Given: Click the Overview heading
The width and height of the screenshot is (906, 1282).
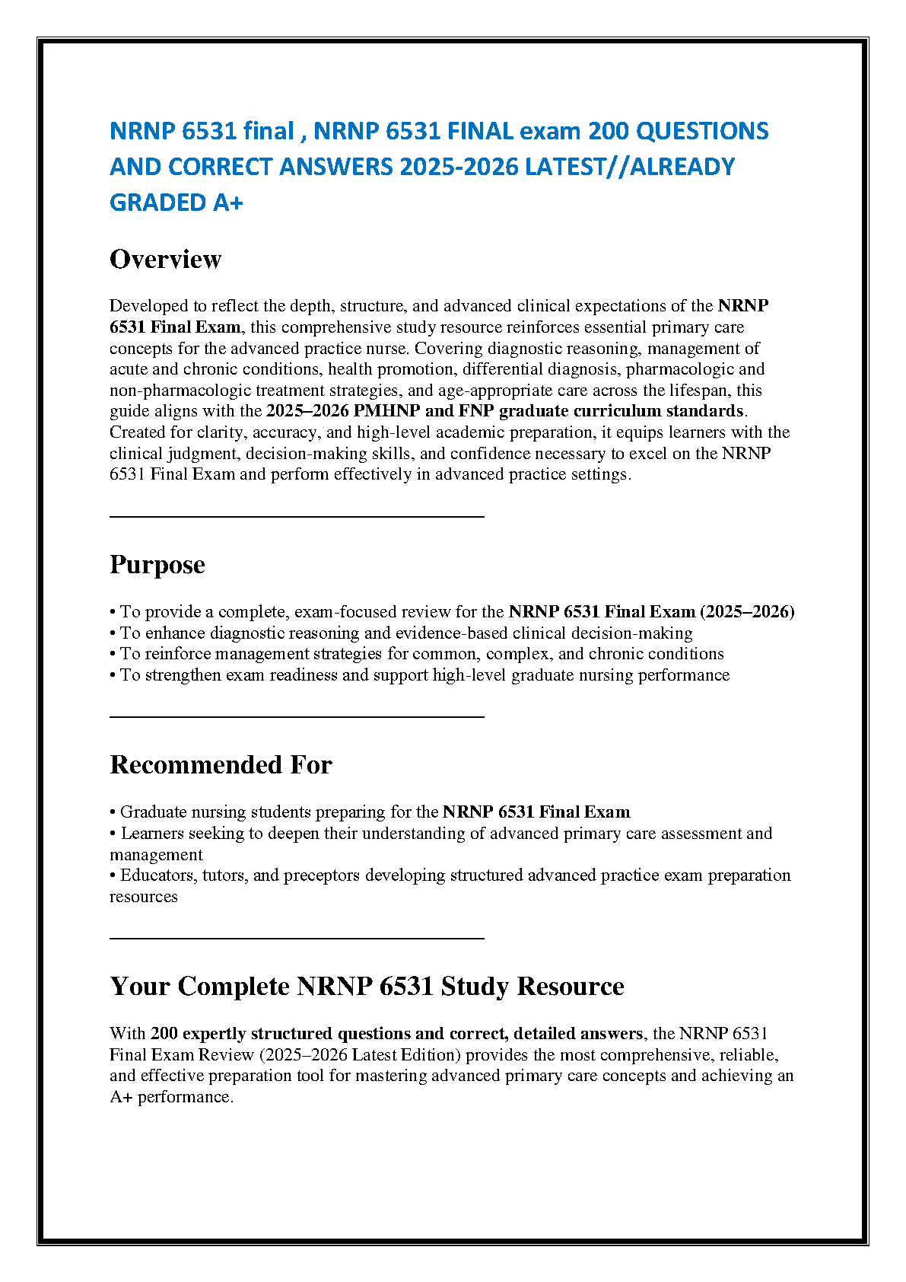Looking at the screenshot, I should [165, 260].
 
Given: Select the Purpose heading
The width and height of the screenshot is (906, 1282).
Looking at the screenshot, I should [157, 565].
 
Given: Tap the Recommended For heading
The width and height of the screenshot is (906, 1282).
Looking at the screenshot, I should [221, 765].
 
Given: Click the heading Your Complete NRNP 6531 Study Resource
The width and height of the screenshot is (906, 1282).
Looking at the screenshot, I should [367, 987].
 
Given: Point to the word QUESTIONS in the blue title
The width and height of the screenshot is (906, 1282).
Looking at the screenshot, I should [702, 131].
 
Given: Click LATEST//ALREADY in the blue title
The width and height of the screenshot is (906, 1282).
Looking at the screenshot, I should [630, 167].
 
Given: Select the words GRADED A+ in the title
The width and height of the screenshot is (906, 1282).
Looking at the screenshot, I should [176, 203].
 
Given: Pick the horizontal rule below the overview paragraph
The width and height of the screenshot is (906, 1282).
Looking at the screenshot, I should [297, 517].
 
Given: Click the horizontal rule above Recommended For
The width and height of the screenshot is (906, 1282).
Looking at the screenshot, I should [297, 716].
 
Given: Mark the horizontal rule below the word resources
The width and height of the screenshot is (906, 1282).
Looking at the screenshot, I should [297, 939].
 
